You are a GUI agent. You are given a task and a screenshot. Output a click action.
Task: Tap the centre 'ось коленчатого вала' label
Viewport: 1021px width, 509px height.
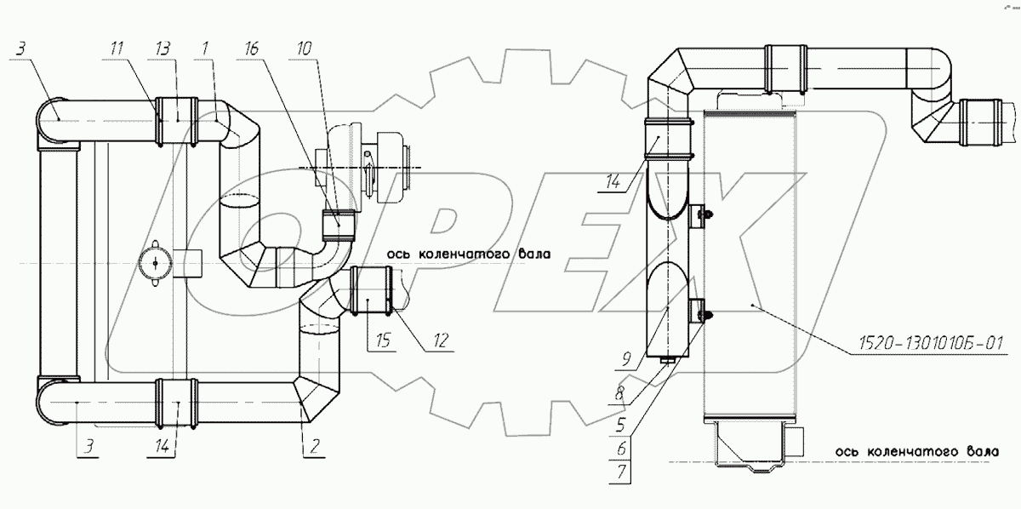click(469, 254)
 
